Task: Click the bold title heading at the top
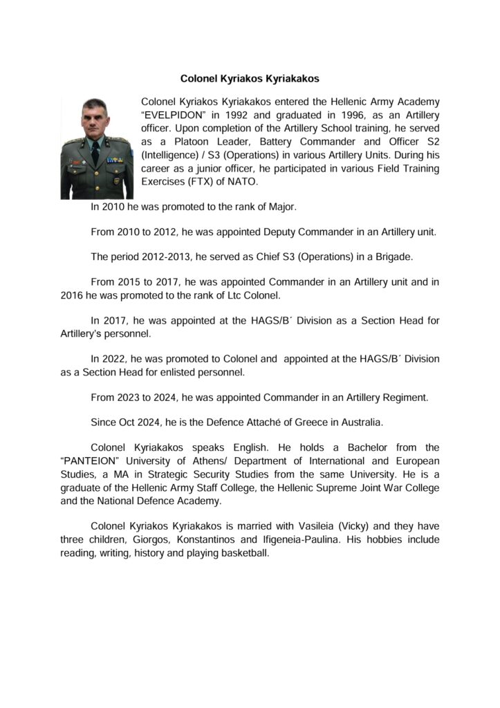coord(250,79)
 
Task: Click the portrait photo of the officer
coord(97,148)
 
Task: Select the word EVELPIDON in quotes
coord(174,115)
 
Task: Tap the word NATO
coord(243,182)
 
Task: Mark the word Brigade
coord(391,257)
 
